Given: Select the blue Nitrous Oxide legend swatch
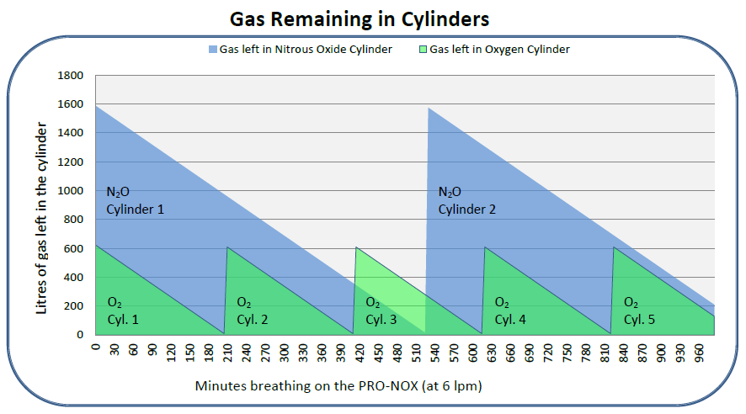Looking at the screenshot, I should pos(214,50).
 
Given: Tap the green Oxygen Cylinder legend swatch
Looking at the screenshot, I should pos(424,50).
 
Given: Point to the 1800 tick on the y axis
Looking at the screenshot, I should pos(72,76).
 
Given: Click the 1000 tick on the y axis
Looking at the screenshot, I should pos(72,191).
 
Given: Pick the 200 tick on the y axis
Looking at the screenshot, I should pos(75,306).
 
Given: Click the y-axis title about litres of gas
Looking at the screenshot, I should pos(40,204).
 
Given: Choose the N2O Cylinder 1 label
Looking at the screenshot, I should pos(135,200).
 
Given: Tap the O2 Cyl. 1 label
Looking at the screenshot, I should pos(123,310).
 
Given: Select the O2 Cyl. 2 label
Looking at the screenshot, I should pos(252,310).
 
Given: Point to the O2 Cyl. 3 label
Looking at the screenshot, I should pos(381,310).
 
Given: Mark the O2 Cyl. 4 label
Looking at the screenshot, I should pos(509,310).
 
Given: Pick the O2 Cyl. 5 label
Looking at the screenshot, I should pos(639,310).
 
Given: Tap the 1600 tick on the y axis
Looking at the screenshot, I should pos(72,104).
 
